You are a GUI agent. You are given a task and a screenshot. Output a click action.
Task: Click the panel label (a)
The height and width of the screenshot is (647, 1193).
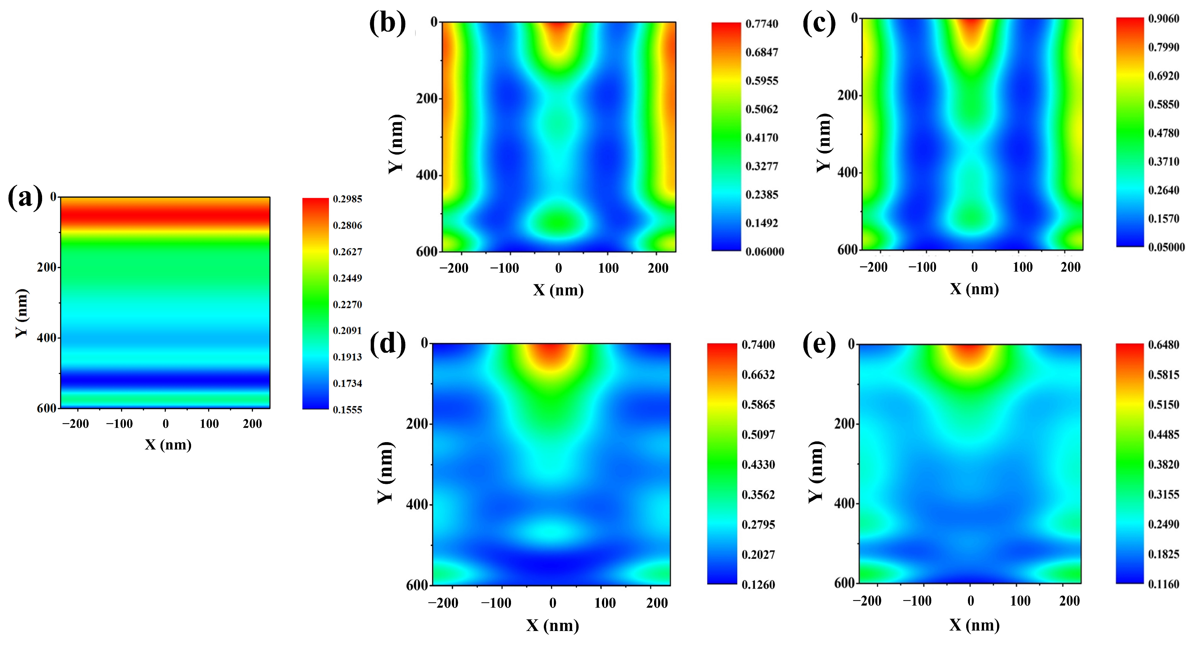tap(25, 198)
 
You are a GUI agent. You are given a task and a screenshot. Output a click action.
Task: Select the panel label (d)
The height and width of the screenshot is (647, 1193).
tap(387, 344)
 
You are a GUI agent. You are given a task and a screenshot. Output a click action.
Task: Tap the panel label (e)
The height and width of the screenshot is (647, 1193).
tap(819, 344)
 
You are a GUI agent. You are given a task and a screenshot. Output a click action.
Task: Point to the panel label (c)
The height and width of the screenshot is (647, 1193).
tap(819, 22)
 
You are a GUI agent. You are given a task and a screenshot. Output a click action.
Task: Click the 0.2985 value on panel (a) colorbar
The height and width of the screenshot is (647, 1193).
tap(348, 199)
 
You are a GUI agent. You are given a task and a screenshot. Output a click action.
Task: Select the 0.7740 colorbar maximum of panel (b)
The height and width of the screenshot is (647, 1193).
tap(762, 24)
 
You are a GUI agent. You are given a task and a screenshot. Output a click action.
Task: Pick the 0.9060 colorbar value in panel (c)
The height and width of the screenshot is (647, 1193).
tap(1163, 19)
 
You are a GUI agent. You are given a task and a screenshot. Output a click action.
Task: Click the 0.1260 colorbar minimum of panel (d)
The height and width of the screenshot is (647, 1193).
tap(758, 585)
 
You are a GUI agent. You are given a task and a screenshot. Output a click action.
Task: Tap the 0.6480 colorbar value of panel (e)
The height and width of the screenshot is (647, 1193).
tap(1163, 345)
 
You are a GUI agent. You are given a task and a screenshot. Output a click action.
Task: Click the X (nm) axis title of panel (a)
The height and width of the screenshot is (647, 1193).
tap(168, 445)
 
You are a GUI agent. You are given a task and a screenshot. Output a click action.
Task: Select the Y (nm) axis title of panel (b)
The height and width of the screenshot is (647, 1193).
tap(396, 143)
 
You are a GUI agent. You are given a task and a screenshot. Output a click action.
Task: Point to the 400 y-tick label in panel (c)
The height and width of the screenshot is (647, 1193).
tap(847, 173)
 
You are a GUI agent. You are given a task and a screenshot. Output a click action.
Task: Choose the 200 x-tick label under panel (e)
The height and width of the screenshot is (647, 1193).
tap(1069, 601)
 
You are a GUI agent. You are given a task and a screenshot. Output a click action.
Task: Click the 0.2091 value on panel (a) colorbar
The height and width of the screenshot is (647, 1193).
tap(348, 331)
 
